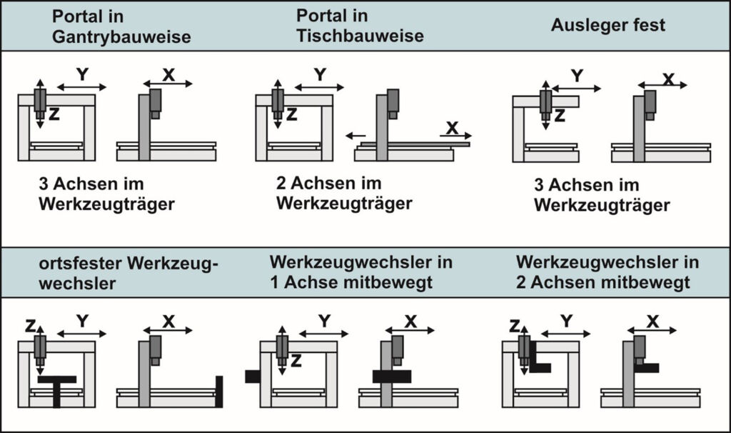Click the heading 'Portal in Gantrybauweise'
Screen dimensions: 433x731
[121, 27]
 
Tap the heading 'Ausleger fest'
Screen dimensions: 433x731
[608, 25]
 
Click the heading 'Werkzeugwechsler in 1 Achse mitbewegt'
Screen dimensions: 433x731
[361, 272]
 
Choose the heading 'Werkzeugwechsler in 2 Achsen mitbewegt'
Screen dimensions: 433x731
[608, 272]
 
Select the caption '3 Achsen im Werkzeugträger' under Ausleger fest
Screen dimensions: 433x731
[602, 195]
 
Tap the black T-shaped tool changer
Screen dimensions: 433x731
[57, 387]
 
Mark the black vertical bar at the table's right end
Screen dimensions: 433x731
[219, 391]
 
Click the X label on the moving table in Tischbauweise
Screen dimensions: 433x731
[451, 127]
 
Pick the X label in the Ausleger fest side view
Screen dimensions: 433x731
[667, 79]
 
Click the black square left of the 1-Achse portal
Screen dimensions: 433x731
[252, 376]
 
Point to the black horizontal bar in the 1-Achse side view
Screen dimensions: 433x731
[391, 376]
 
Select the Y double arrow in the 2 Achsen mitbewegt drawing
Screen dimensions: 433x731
[566, 333]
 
